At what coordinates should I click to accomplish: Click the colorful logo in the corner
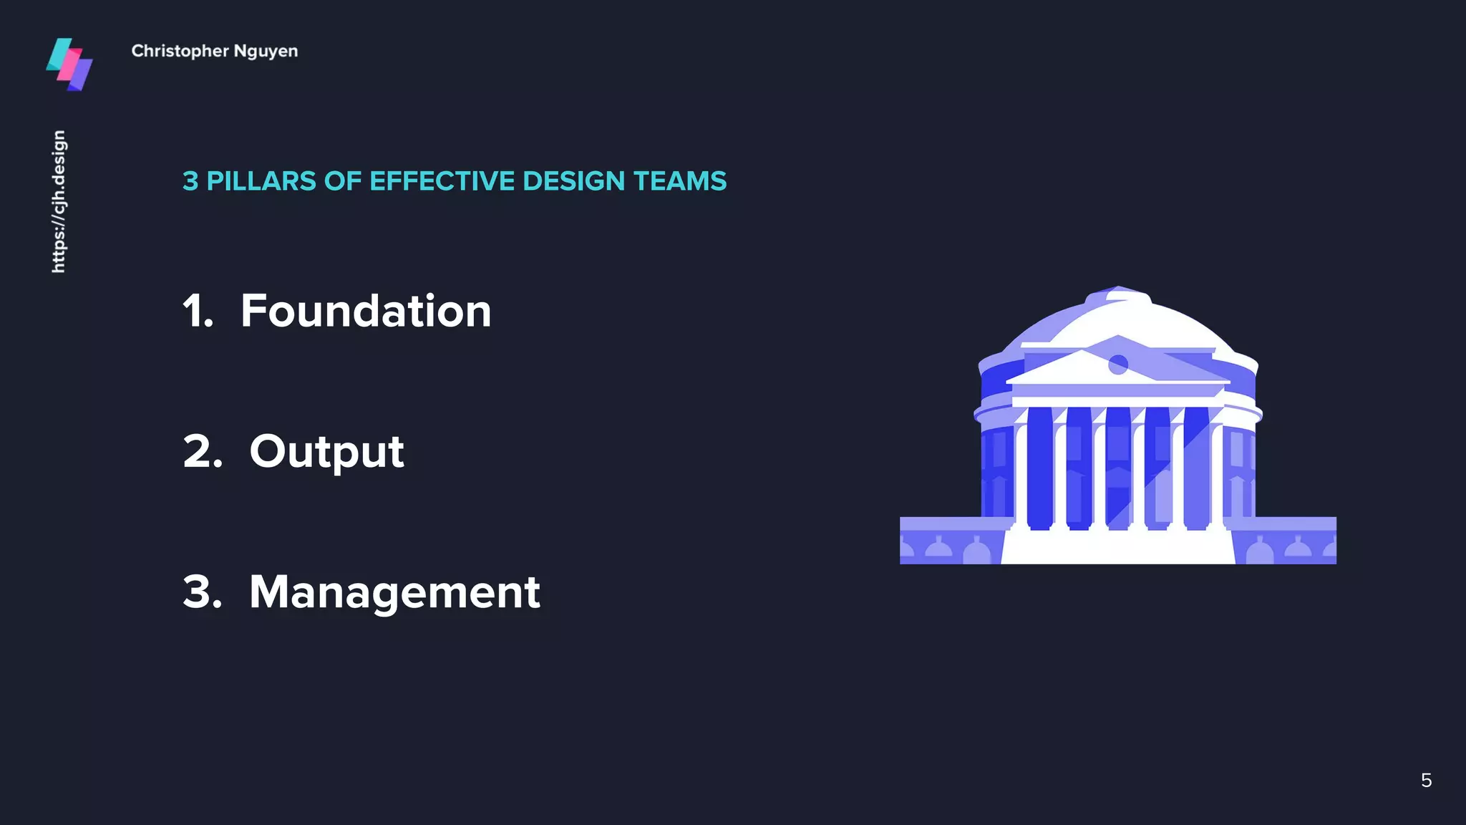pyautogui.click(x=69, y=64)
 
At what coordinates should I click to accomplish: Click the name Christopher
pyautogui.click(x=180, y=52)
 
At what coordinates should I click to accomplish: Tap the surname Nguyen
pyautogui.click(x=266, y=52)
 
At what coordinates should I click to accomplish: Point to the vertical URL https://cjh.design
pyautogui.click(x=59, y=201)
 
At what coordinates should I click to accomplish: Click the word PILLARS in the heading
pyautogui.click(x=261, y=181)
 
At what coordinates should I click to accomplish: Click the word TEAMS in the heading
pyautogui.click(x=680, y=181)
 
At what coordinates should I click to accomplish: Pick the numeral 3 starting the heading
pyautogui.click(x=190, y=181)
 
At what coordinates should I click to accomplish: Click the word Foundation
pyautogui.click(x=366, y=311)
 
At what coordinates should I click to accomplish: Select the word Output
pyautogui.click(x=326, y=452)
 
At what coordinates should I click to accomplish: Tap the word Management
pyautogui.click(x=394, y=592)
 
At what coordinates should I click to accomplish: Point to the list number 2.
pyautogui.click(x=203, y=452)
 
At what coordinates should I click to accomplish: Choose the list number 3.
pyautogui.click(x=203, y=592)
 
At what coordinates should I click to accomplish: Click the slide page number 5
pyautogui.click(x=1426, y=781)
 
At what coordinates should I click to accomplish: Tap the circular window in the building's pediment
pyautogui.click(x=1118, y=365)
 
